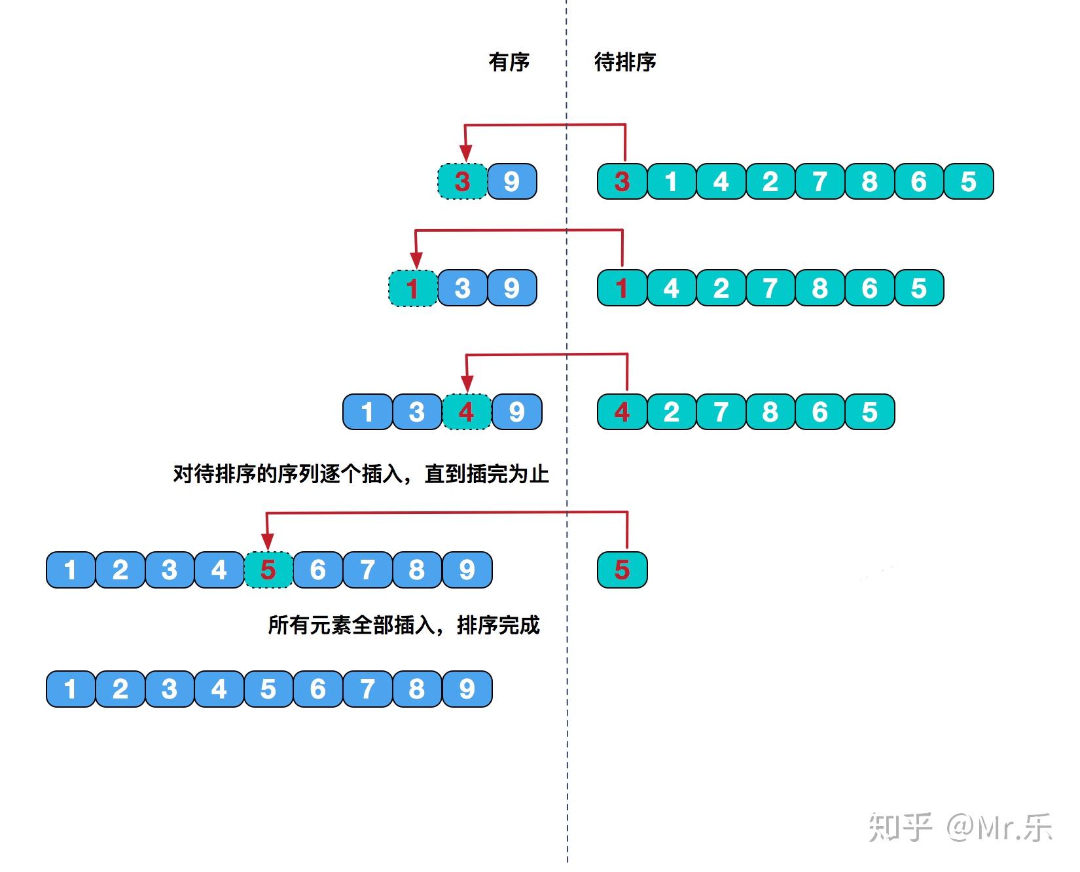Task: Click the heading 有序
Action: coord(509,62)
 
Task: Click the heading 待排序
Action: coord(624,62)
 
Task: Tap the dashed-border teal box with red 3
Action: coord(463,181)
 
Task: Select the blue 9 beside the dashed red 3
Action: coord(512,181)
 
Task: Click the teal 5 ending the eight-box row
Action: coord(969,181)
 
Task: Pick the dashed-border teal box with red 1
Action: coord(413,288)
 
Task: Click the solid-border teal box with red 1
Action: coord(622,288)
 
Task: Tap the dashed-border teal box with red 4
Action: coord(467,412)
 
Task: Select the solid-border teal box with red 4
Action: coord(622,412)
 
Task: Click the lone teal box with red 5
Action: coord(622,570)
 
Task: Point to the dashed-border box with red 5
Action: coord(268,570)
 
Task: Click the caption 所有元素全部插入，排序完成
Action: coord(404,625)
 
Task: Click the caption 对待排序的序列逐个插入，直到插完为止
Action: coord(361,473)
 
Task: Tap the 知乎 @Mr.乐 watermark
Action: coord(960,827)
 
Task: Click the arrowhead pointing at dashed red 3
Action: coord(465,154)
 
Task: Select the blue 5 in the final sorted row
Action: coord(268,689)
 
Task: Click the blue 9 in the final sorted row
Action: coord(467,689)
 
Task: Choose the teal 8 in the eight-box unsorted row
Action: coord(869,181)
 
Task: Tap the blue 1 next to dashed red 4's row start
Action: coord(368,412)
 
